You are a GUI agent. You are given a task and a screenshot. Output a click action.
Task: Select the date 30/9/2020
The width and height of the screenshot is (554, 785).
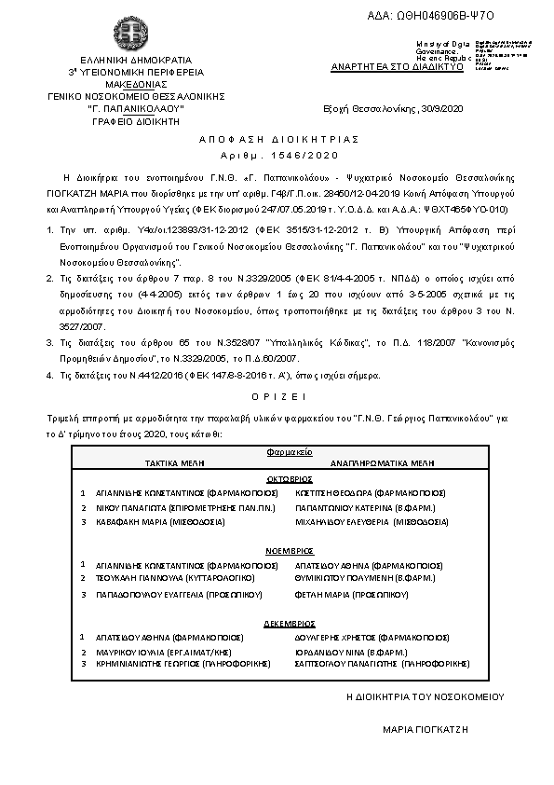tap(440, 108)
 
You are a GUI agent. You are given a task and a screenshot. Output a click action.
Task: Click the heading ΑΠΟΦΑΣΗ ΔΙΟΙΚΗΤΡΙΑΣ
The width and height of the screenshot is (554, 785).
tap(279, 138)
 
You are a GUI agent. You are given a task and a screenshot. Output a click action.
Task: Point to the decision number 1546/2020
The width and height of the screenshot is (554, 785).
tap(279, 155)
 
